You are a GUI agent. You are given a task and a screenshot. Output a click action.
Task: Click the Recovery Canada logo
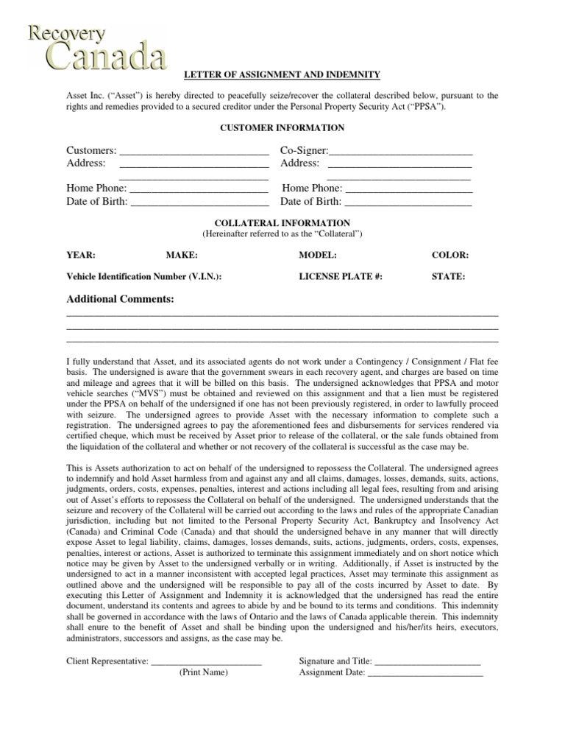96,47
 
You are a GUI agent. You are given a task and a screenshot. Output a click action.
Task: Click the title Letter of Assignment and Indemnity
281,74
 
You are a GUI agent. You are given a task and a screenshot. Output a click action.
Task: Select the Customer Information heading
282,128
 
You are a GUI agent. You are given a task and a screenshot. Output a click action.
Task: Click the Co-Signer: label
304,150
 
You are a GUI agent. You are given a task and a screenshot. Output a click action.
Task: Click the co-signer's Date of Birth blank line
408,202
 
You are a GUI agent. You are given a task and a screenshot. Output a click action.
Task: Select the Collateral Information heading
282,223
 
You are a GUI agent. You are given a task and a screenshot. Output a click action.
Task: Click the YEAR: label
81,255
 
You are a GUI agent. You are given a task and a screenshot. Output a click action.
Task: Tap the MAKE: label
182,255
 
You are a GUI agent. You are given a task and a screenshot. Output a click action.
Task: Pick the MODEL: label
318,255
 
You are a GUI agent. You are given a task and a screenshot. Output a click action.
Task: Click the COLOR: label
450,255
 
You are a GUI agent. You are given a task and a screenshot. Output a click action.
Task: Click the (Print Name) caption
204,672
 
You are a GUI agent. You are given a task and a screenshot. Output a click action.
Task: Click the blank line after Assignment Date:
424,672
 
